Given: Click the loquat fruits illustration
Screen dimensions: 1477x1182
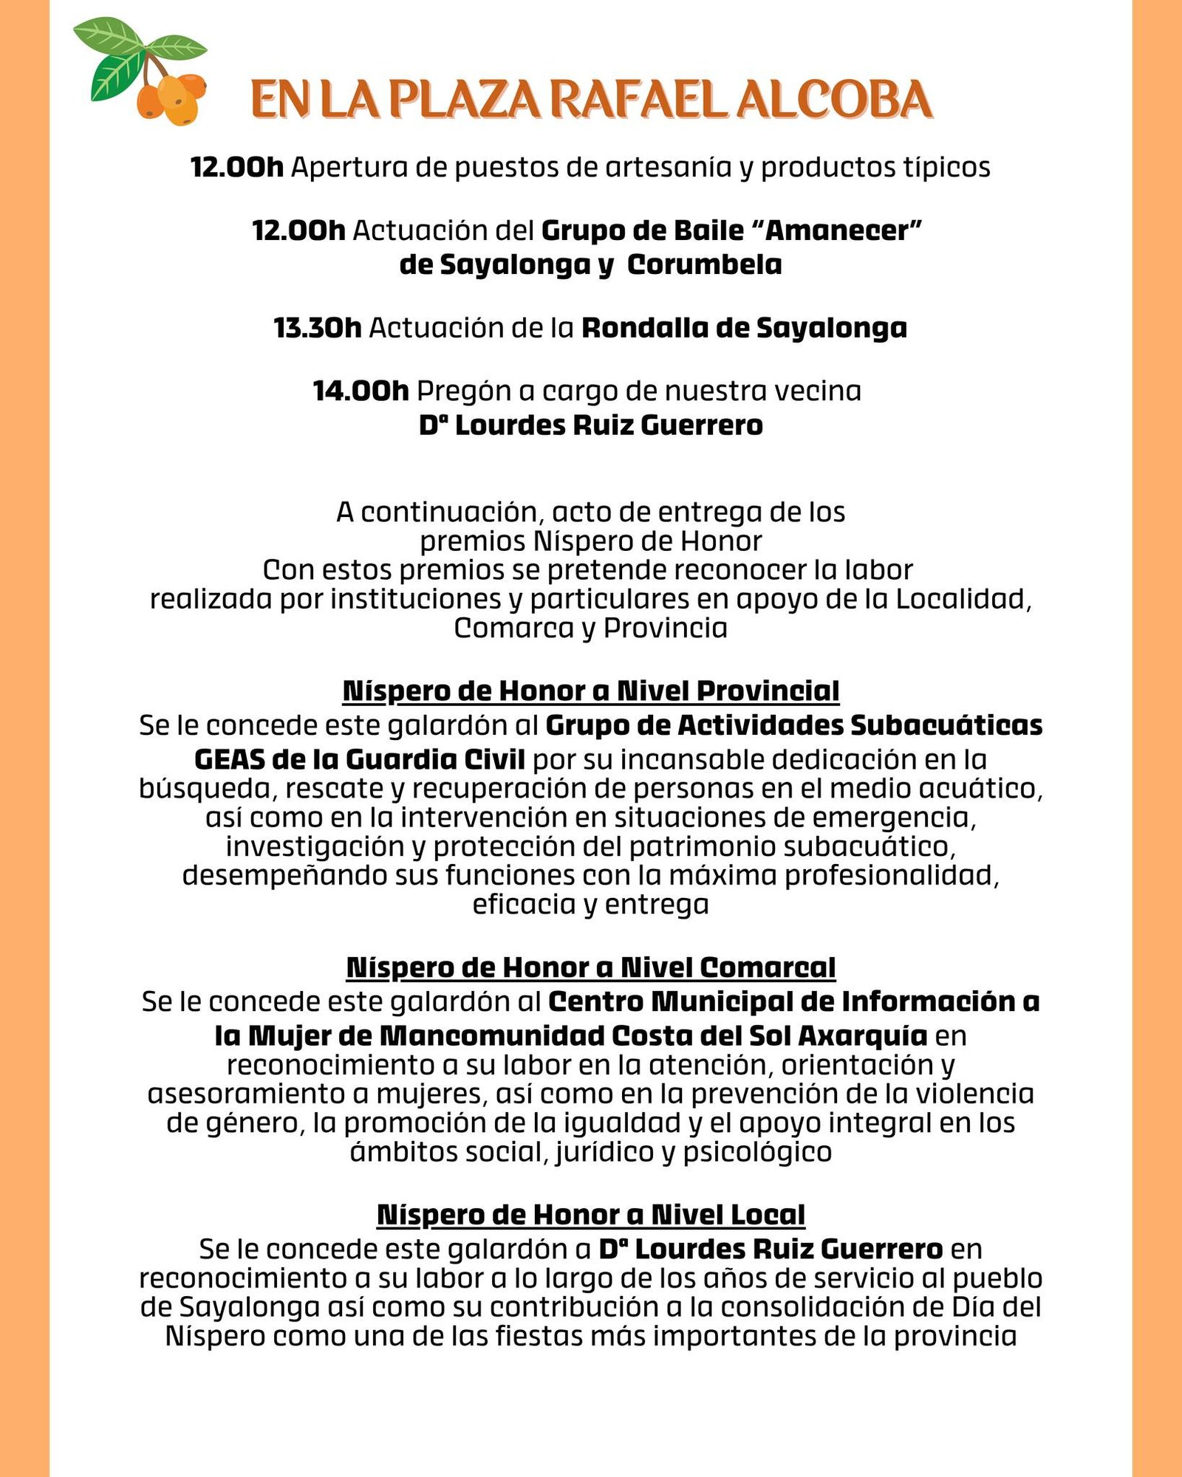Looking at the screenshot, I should point(171,97).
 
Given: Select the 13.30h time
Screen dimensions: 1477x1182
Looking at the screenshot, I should point(317,328).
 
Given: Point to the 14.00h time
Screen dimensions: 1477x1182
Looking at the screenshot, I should point(361,391).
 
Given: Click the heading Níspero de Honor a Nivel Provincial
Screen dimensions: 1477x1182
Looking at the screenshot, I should point(591,691).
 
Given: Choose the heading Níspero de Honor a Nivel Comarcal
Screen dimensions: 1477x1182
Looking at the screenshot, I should point(591,967).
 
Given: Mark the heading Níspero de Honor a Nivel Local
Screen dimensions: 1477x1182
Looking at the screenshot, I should point(591,1215).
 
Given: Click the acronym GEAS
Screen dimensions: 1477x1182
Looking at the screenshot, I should point(229,759).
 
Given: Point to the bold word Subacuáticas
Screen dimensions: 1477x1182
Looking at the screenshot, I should point(946,725).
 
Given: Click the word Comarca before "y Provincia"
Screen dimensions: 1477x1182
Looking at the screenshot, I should point(513,628).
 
